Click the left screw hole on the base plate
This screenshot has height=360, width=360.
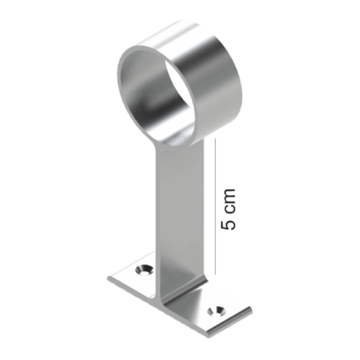point(144,270)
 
